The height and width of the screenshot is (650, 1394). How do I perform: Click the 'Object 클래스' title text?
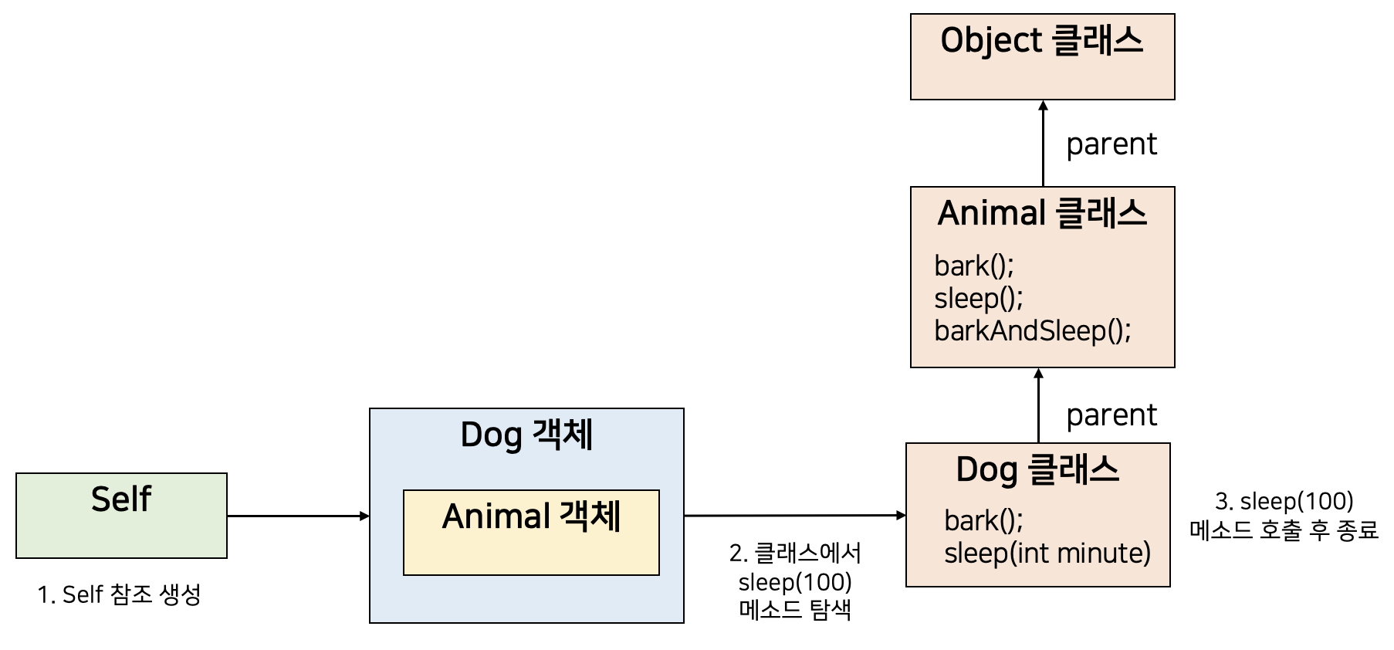tap(1041, 41)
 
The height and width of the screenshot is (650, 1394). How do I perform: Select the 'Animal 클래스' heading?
tap(1042, 214)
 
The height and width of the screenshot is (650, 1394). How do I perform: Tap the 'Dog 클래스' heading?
tap(1037, 470)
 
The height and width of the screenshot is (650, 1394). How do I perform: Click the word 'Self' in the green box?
tap(121, 499)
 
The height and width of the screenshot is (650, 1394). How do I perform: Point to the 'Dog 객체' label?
tap(526, 435)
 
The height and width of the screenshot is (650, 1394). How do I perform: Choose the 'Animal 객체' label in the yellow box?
tap(531, 516)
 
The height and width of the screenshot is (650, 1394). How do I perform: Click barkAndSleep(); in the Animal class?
tap(1032, 331)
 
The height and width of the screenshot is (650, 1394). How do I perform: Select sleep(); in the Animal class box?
tap(978, 299)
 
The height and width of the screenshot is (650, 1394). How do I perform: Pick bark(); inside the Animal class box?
tap(973, 266)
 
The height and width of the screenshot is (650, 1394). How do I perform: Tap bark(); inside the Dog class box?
tap(983, 521)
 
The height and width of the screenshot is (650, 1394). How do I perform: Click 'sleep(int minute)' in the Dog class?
tap(1047, 554)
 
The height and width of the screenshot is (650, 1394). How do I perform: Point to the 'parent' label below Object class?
tap(1111, 144)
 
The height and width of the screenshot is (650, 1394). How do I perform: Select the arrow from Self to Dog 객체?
tap(298, 516)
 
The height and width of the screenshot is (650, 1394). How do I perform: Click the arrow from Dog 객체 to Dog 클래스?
tap(794, 515)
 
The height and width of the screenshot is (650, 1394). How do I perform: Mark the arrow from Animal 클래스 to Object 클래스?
tap(1043, 144)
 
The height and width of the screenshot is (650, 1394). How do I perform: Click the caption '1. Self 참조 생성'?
tap(119, 594)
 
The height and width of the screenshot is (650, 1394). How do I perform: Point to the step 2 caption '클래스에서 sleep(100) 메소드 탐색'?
tap(794, 581)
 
